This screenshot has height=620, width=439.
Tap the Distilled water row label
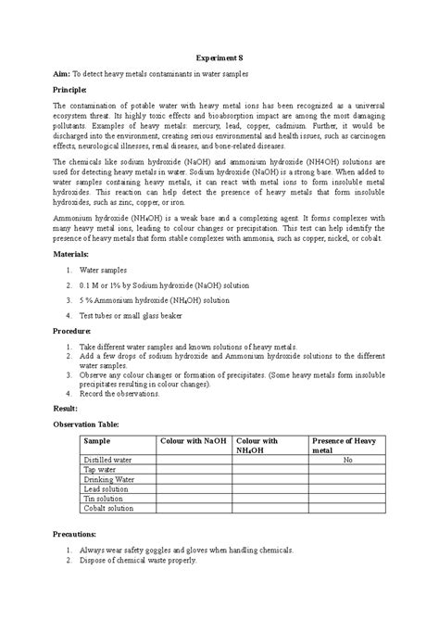coord(108,460)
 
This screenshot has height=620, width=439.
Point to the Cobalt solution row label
coord(110,509)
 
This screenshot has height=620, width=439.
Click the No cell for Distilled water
coord(348,460)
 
